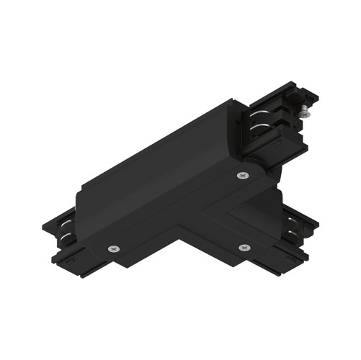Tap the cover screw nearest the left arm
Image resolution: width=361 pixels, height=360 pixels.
(x=114, y=248)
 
